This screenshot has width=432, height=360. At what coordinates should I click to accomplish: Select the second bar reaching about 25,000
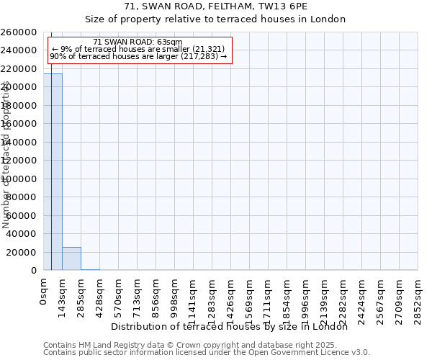point(71,258)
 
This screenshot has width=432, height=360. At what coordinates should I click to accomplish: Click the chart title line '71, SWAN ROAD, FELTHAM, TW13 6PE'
point(215,6)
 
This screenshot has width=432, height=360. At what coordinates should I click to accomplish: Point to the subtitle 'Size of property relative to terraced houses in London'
point(215,19)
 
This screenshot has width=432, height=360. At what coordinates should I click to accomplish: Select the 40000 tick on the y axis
point(22,234)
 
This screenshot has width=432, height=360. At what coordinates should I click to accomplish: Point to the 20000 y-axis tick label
point(22,252)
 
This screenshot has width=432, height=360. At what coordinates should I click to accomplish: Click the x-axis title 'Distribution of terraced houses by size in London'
point(230,326)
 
